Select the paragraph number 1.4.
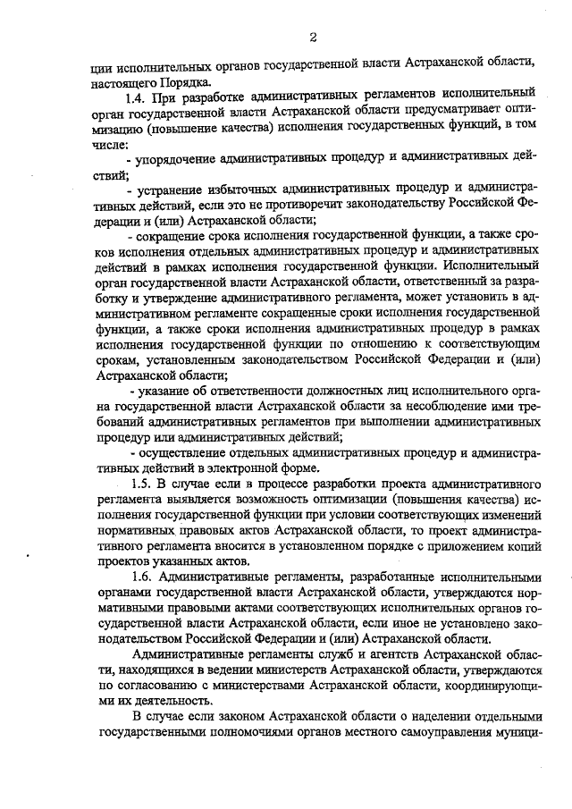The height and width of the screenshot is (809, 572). click(x=139, y=94)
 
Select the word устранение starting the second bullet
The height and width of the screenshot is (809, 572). click(x=172, y=189)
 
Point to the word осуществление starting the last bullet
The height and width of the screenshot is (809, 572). click(x=180, y=452)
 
